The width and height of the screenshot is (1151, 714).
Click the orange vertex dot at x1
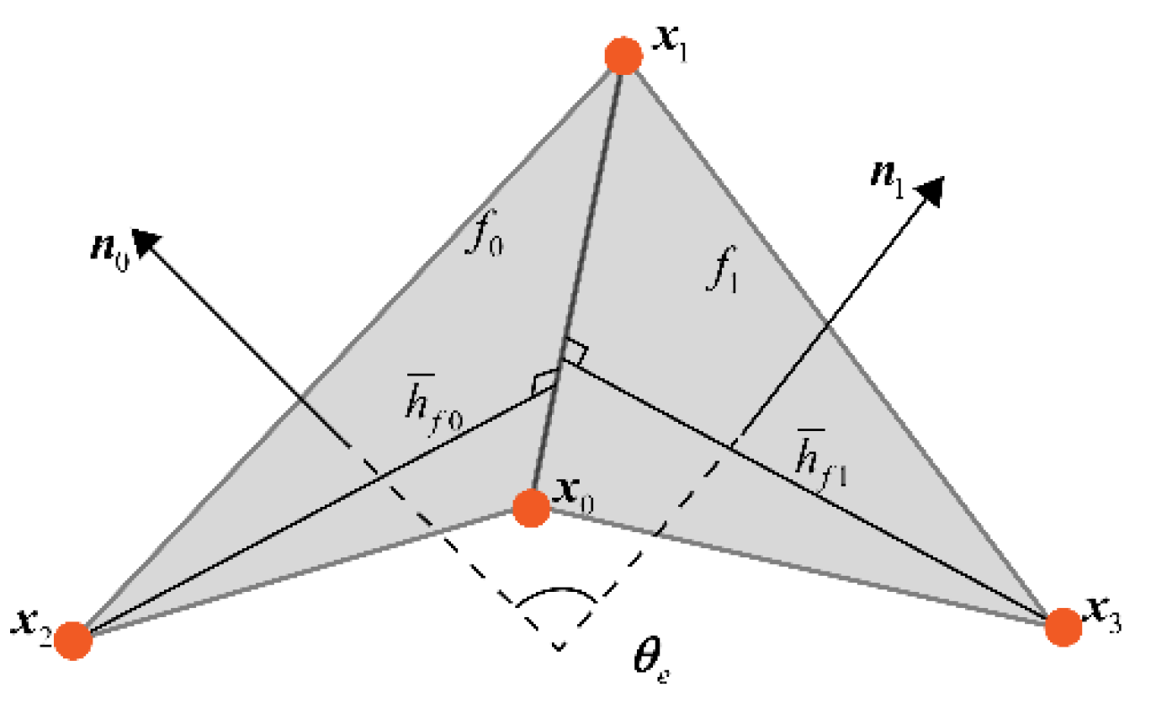[624, 56]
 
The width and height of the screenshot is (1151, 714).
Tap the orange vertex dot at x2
[73, 641]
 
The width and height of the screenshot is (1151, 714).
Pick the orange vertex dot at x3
[1063, 626]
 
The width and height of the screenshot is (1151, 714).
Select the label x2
[30, 621]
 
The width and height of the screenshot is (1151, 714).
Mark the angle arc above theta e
[557, 594]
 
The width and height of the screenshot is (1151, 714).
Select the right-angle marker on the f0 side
[544, 383]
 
